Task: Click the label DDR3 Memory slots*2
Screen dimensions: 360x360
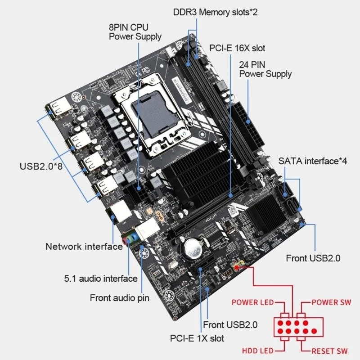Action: (215, 12)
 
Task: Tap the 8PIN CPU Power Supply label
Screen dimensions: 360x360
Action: (135, 31)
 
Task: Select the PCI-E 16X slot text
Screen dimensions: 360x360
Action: (237, 48)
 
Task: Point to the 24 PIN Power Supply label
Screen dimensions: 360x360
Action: (265, 69)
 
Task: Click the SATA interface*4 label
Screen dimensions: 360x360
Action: (313, 161)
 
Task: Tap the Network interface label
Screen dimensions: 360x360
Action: (84, 246)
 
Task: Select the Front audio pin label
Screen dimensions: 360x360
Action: (119, 297)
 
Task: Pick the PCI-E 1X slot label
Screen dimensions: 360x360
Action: (196, 337)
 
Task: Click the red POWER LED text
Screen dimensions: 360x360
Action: (252, 302)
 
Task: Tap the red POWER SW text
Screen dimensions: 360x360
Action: (331, 302)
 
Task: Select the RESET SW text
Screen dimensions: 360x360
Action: (330, 351)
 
